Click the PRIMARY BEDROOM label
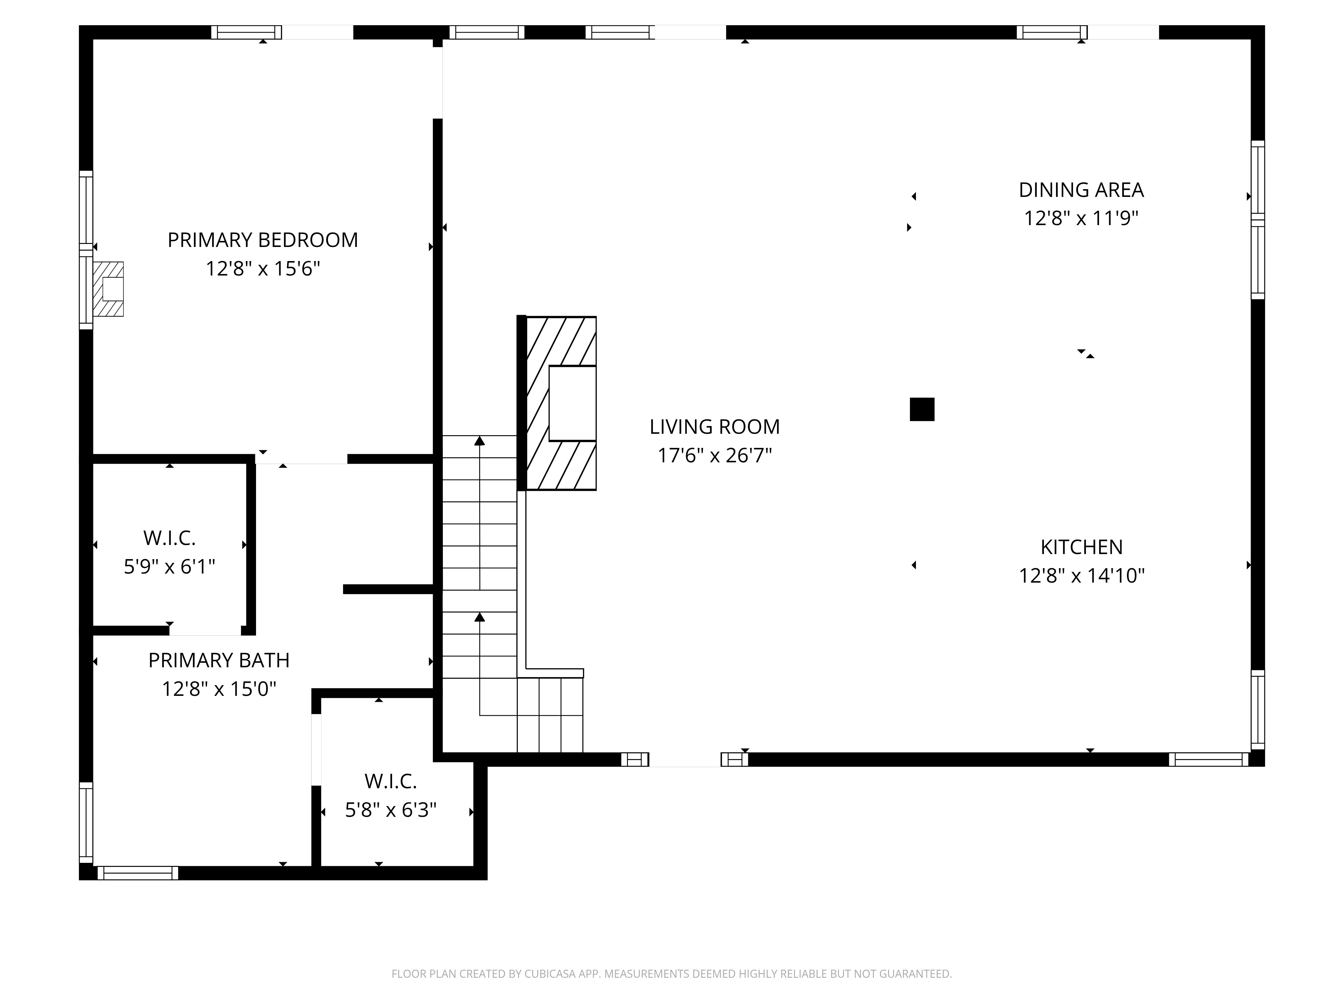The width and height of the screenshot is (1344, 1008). [x=262, y=240]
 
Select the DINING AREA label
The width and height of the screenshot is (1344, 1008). [x=1081, y=190]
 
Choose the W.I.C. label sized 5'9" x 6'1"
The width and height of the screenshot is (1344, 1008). [x=170, y=538]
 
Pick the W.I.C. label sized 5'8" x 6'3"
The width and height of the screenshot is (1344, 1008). [x=391, y=781]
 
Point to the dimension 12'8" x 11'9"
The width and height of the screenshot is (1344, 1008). [x=1081, y=218]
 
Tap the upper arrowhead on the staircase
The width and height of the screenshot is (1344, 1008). [x=479, y=440]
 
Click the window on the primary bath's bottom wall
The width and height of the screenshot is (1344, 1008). [x=138, y=873]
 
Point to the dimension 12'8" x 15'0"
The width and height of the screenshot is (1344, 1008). [x=219, y=689]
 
